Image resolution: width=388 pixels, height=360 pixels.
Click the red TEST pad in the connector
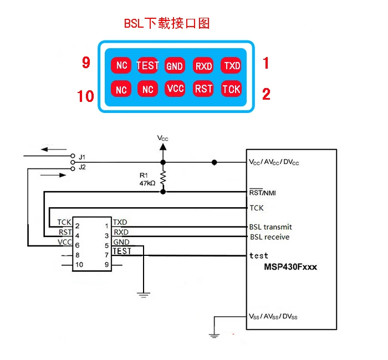(x=147, y=65)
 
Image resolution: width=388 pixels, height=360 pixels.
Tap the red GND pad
(x=175, y=65)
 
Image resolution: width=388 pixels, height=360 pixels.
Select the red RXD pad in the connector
(x=203, y=65)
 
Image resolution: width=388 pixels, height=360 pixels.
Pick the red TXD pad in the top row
(x=231, y=65)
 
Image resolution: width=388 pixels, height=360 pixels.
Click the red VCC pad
(x=175, y=88)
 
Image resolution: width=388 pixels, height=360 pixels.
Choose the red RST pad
(x=203, y=88)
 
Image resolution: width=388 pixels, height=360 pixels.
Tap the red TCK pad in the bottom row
(x=231, y=88)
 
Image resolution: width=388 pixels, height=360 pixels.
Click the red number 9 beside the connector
(x=86, y=62)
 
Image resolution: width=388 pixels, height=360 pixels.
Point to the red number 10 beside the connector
(x=85, y=96)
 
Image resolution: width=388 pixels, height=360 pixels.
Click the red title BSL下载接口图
(x=167, y=23)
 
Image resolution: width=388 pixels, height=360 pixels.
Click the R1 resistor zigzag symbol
(x=163, y=177)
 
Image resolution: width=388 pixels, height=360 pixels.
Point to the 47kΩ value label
(x=147, y=183)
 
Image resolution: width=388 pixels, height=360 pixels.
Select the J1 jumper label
(x=82, y=157)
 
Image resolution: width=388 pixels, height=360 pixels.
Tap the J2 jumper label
(x=83, y=167)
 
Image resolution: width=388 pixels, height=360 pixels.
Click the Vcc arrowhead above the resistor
(x=163, y=147)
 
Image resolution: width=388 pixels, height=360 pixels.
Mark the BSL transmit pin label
(x=270, y=227)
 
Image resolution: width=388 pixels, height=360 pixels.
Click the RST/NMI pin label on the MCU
(x=262, y=192)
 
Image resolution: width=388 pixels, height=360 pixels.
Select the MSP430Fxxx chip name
(x=290, y=267)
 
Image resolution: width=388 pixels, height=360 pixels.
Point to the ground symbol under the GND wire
(x=144, y=295)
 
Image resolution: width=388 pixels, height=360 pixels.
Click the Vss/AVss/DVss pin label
(x=273, y=316)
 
